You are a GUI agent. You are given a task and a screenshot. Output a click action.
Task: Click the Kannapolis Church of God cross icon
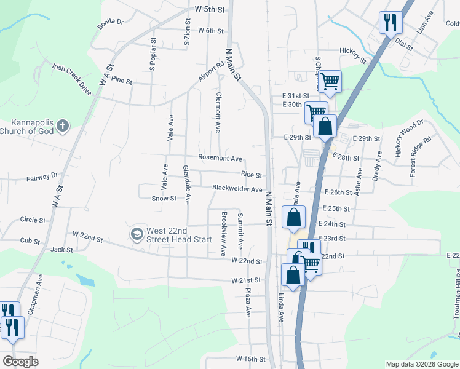coord(62,126)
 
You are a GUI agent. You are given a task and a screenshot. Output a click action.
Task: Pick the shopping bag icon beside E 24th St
coord(294,217)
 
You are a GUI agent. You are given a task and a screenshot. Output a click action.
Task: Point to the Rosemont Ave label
coord(220,158)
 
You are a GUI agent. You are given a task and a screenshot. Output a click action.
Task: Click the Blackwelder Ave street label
coord(237,189)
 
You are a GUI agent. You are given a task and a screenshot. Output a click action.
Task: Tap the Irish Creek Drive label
coord(71,79)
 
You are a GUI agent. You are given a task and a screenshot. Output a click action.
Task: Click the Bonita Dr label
coord(110,23)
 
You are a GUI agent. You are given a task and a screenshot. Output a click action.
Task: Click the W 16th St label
coord(250,359)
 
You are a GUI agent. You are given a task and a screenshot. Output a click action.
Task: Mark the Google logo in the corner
coord(20,362)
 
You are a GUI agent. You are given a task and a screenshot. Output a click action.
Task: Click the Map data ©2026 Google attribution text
coord(421,364)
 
